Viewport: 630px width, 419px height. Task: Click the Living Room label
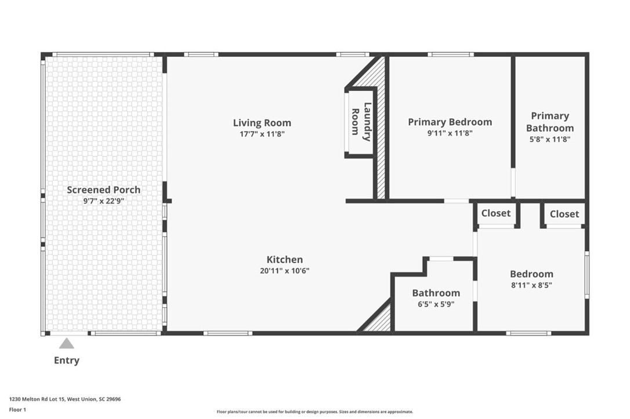(262, 123)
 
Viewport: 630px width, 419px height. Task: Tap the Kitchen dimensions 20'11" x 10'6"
(284, 271)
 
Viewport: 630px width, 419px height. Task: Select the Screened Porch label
(103, 190)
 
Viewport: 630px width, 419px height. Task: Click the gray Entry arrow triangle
(67, 344)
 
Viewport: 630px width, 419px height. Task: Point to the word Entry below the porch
(67, 360)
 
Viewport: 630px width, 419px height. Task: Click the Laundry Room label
(360, 122)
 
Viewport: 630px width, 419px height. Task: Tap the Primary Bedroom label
(450, 122)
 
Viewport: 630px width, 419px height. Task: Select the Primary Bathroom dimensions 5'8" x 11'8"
(550, 139)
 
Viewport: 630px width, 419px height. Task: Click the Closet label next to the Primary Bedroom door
(496, 213)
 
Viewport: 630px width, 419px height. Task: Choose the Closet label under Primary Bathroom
(564, 214)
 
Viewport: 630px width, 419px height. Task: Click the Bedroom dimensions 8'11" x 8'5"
(531, 285)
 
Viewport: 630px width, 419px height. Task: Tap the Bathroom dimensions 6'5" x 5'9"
(436, 304)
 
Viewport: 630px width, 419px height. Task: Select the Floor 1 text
(17, 410)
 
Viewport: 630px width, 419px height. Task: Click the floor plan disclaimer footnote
(315, 411)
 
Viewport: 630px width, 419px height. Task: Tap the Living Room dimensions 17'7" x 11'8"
(262, 134)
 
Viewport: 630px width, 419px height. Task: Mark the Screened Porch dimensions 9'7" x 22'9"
(103, 201)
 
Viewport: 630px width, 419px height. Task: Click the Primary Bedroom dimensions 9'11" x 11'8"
(450, 133)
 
